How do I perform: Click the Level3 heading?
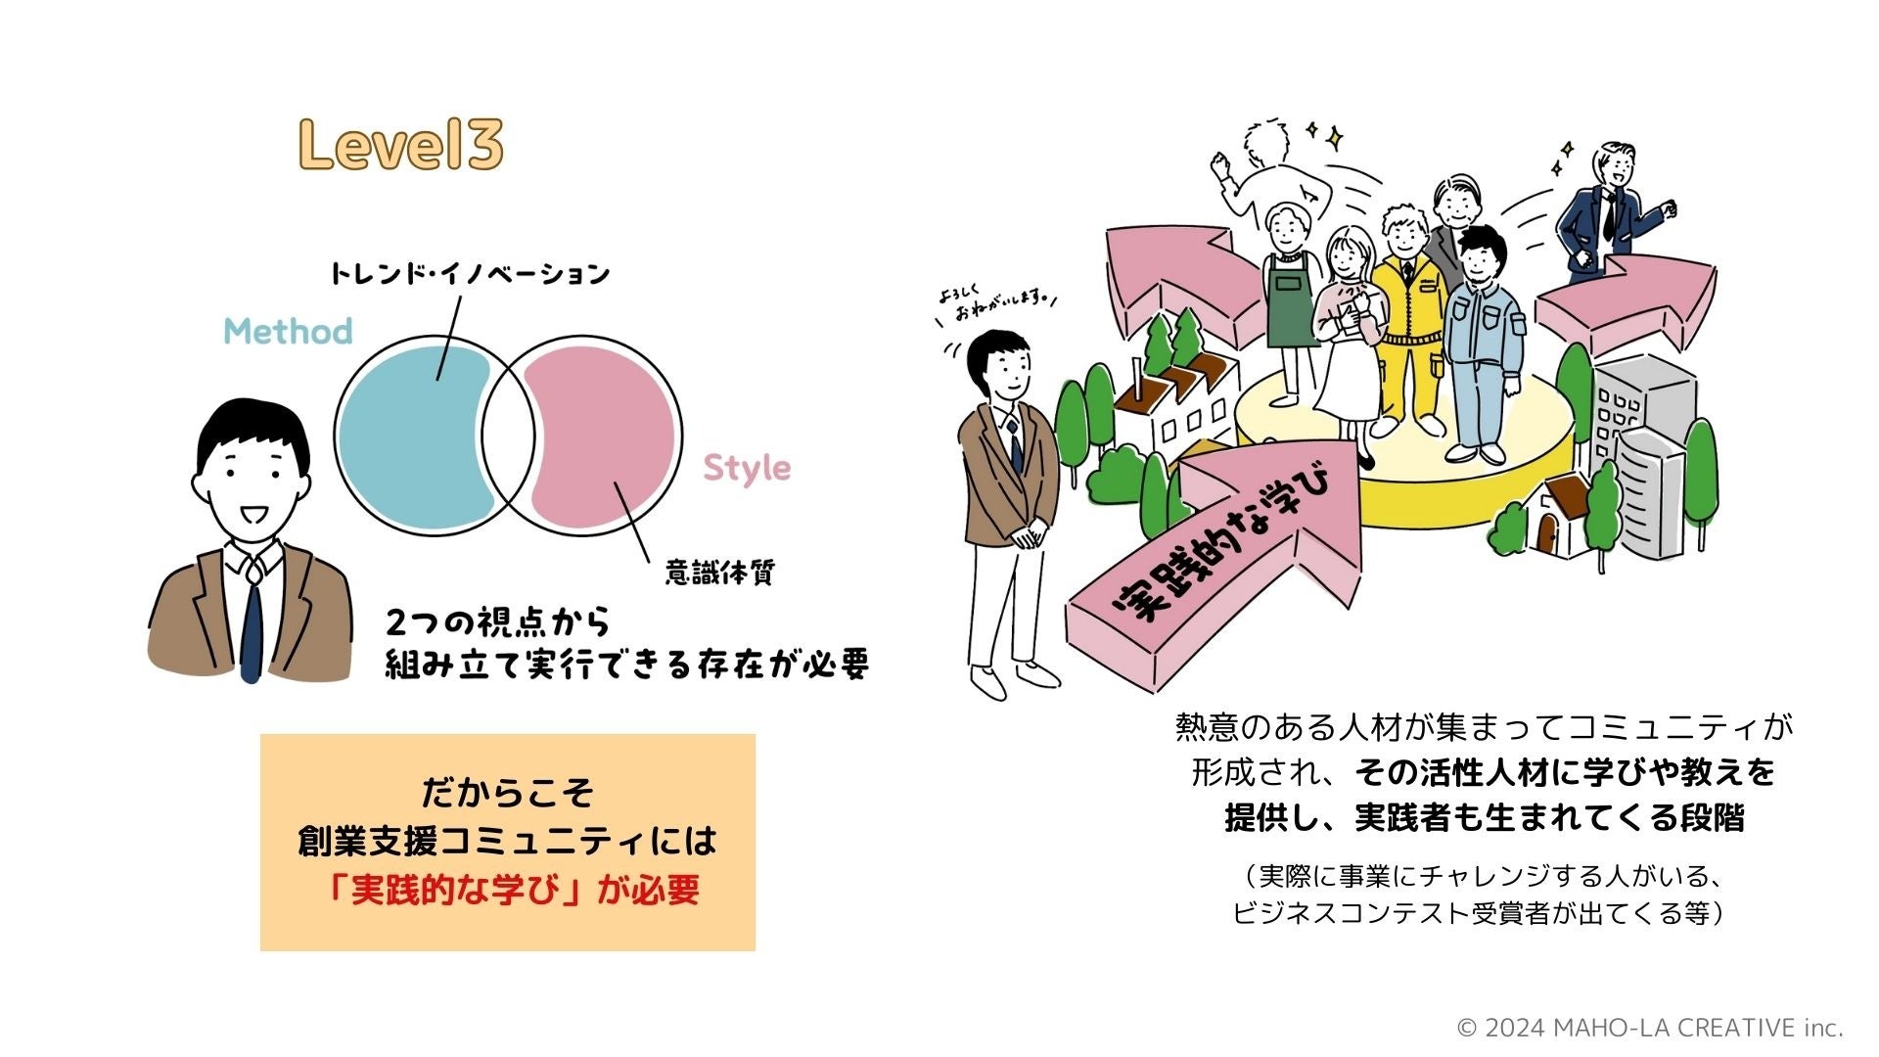[400, 146]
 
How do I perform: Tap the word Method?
[288, 332]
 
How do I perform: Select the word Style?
[747, 468]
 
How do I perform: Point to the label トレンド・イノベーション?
[469, 273]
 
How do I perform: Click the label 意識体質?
[719, 573]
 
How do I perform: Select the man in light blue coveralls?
[1483, 343]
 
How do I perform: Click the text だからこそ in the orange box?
[507, 792]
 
